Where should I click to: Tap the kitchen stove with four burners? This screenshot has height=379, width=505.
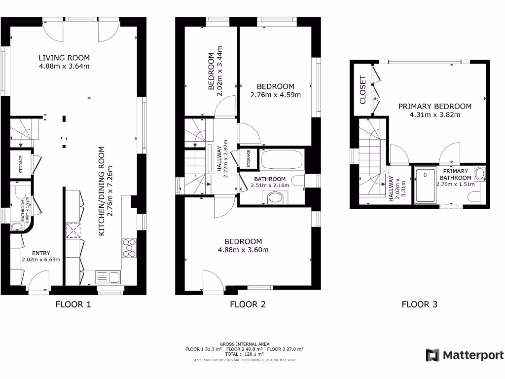[129, 248]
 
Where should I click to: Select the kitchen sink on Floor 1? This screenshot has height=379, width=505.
[108, 277]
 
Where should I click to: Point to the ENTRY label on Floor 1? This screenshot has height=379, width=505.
[41, 253]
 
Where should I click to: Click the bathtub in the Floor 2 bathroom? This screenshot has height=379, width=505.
[281, 160]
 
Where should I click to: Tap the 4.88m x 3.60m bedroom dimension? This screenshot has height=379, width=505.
[243, 250]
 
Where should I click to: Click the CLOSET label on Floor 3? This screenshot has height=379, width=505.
[363, 90]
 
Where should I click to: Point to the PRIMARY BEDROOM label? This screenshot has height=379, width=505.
[434, 106]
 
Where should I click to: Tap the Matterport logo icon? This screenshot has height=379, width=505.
[433, 355]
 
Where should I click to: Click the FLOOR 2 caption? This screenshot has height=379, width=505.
[248, 304]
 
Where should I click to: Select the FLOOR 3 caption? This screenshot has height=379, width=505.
[419, 304]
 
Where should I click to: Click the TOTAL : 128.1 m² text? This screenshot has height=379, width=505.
[245, 354]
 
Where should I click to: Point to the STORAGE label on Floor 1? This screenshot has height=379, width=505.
[22, 164]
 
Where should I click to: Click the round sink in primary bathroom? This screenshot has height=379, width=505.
[480, 173]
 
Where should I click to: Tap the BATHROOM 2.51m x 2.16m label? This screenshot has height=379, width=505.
[270, 182]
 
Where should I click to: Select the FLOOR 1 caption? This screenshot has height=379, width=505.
[73, 304]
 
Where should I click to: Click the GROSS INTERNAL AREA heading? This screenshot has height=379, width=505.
[245, 344]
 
